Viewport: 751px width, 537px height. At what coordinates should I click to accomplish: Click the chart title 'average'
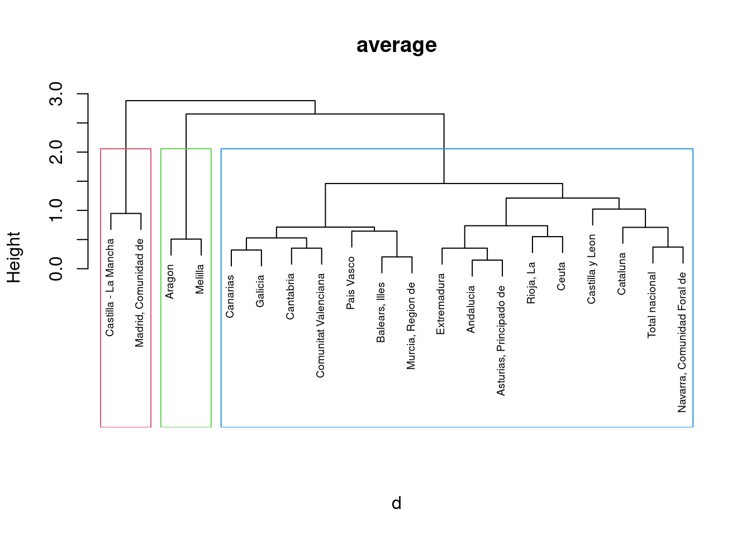396,45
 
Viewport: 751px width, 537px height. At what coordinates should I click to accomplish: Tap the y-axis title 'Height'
13,257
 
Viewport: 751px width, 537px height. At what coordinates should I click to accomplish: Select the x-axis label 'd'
396,503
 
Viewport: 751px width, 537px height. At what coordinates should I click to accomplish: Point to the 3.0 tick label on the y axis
56,94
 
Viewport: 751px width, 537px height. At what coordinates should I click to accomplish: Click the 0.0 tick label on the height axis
56,268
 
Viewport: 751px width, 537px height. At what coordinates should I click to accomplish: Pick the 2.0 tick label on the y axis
56,152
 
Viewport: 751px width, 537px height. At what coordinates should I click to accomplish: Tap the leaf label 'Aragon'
170,281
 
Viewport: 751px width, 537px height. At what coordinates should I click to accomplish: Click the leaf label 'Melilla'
200,279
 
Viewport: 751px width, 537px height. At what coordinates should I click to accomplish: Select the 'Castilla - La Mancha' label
110,288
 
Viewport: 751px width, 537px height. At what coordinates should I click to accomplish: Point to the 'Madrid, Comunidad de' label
140,293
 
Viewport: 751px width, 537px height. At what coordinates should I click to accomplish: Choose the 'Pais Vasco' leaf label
351,283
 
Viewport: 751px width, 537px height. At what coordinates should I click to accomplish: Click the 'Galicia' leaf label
260,291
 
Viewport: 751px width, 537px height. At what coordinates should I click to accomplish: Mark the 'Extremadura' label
441,304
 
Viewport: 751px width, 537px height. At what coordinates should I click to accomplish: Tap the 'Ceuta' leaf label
562,276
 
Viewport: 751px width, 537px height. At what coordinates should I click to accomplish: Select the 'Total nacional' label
652,305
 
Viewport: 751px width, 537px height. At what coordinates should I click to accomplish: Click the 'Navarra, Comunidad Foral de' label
682,342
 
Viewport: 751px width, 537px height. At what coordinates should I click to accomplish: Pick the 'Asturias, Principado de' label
501,341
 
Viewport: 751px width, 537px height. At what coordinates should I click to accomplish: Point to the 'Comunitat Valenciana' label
321,326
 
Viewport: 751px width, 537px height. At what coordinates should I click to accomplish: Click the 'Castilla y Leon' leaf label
592,269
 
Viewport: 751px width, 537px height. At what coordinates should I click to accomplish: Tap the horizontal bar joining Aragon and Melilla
186,239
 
